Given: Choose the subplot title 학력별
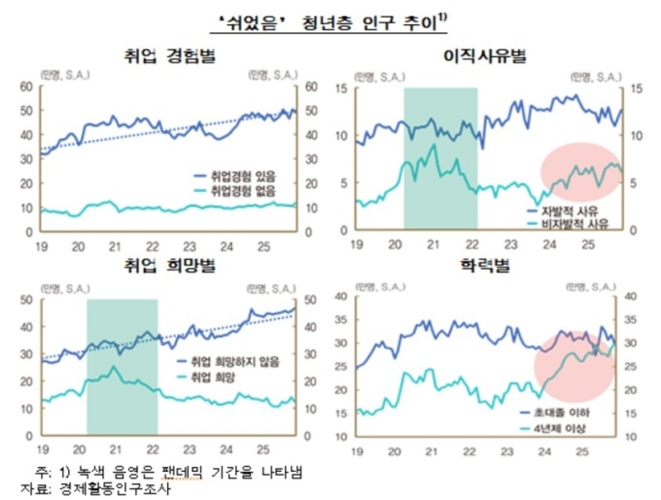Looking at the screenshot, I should click(485, 266).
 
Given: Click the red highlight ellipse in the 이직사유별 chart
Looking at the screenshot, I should click(579, 176).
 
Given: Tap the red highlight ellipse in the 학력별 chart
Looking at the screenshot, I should click(574, 364).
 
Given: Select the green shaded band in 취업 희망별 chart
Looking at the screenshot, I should click(122, 366).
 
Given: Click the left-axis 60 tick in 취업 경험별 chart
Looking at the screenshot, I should click(28, 88).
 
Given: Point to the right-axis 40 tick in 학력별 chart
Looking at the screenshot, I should click(630, 298).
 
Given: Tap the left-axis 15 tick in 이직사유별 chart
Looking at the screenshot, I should click(342, 89).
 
